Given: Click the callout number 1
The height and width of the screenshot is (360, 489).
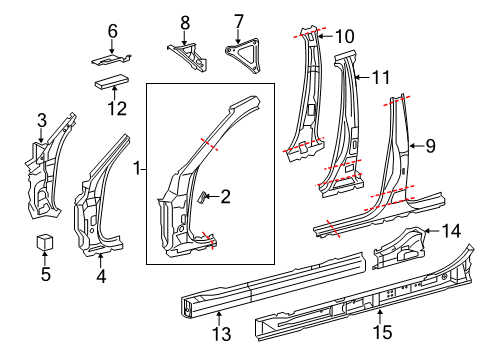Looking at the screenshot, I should pyautogui.click(x=138, y=171).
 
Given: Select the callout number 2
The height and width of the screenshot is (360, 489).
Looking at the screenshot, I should pyautogui.click(x=225, y=197).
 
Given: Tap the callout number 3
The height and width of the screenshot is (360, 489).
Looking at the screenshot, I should pyautogui.click(x=41, y=121).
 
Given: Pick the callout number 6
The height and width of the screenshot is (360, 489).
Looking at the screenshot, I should pyautogui.click(x=112, y=30).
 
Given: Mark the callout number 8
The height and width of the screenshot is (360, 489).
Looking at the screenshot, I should pyautogui.click(x=184, y=20).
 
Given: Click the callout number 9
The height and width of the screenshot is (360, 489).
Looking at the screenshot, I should pyautogui.click(x=430, y=146).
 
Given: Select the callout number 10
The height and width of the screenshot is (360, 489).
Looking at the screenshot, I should pyautogui.click(x=344, y=36).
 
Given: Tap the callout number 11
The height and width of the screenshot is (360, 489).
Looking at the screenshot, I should pyautogui.click(x=380, y=76).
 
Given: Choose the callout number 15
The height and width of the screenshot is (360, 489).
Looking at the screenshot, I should pyautogui.click(x=378, y=328).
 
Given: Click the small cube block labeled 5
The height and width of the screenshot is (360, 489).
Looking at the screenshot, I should pyautogui.click(x=44, y=243).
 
